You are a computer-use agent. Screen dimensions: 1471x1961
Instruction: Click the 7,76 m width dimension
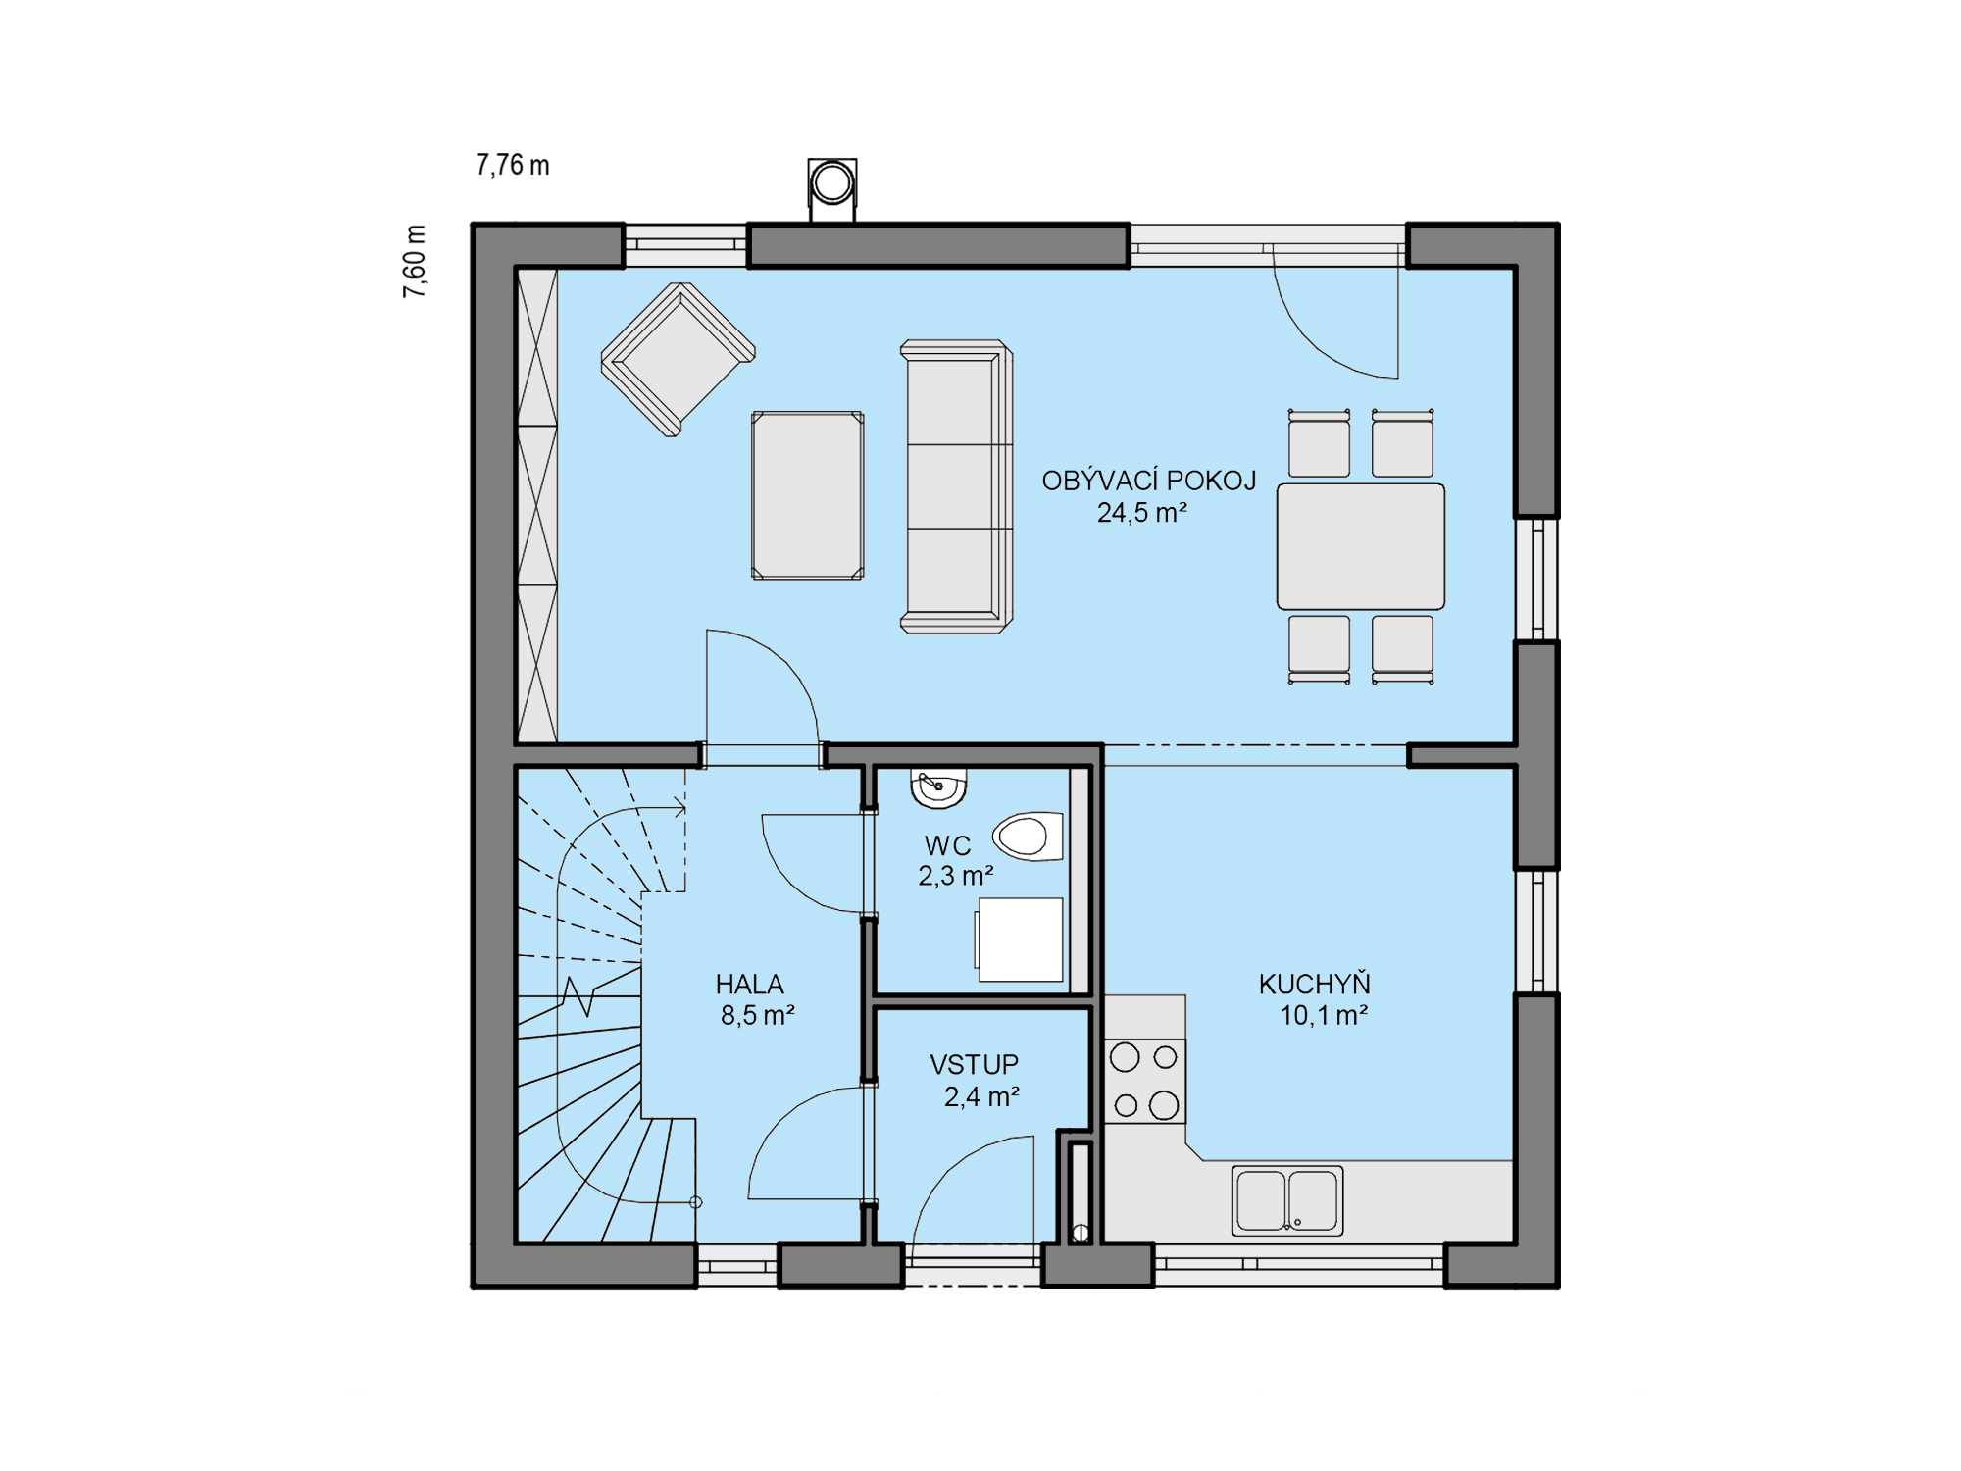click(513, 165)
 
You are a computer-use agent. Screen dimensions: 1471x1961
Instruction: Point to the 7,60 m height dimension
click(415, 261)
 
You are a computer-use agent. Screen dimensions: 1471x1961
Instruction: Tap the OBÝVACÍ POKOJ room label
click(1148, 481)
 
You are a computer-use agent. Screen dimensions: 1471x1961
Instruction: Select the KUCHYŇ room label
click(1314, 984)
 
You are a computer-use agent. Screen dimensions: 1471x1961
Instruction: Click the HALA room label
click(749, 984)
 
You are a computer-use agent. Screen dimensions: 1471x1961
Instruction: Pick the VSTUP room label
click(974, 1064)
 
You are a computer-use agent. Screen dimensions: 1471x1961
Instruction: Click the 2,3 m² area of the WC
click(956, 876)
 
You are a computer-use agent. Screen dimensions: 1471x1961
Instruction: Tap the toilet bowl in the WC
click(1028, 837)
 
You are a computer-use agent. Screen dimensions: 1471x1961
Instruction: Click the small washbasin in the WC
click(938, 788)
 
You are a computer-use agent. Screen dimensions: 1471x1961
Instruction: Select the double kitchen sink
click(1286, 1200)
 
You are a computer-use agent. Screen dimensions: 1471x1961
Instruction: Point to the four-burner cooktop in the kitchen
click(1144, 1081)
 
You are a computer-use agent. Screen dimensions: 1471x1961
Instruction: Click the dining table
click(1360, 546)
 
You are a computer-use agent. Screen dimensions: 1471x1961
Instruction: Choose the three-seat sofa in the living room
click(956, 486)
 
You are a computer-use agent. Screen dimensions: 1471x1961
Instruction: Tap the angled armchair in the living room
click(678, 358)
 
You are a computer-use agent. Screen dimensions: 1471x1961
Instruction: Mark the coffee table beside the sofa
click(807, 495)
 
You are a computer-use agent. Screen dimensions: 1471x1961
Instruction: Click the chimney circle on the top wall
click(832, 183)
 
